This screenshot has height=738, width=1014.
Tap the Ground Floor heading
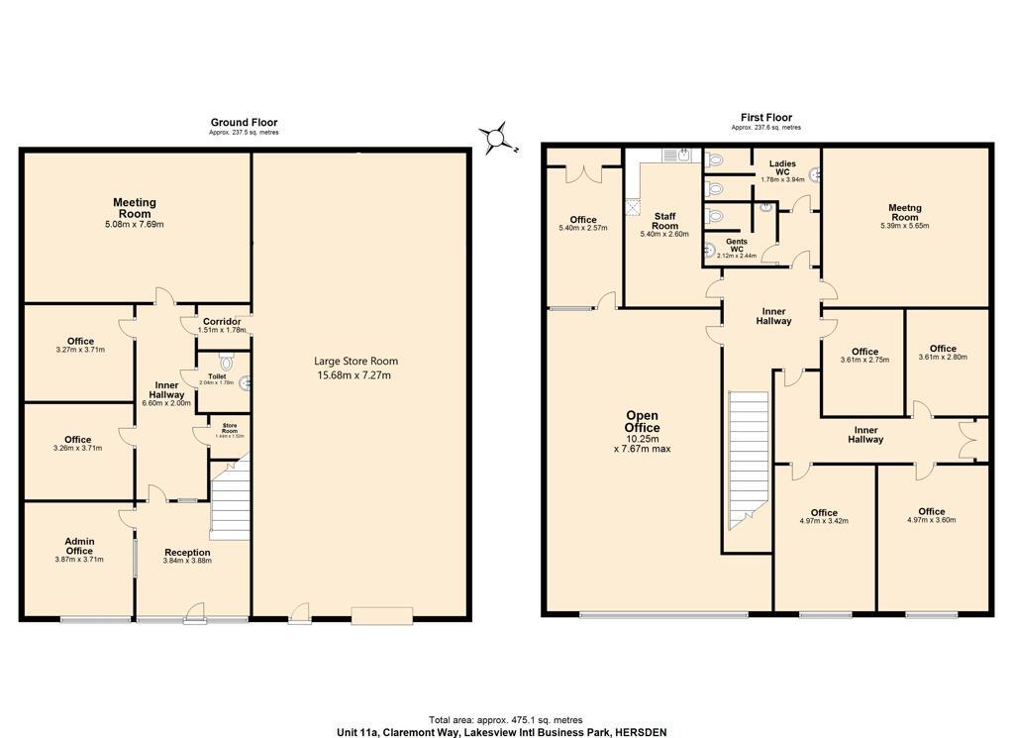pyautogui.click(x=244, y=123)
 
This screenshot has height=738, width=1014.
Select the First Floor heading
pyautogui.click(x=765, y=117)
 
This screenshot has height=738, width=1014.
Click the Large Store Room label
pyautogui.click(x=355, y=362)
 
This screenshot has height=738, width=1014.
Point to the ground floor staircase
pyautogui.click(x=230, y=505)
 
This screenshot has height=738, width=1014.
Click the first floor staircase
pyautogui.click(x=749, y=456)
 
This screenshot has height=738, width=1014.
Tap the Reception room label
pyautogui.click(x=187, y=553)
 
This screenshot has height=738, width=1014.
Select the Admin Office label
pyautogui.click(x=79, y=546)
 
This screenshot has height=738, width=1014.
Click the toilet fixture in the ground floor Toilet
pyautogui.click(x=225, y=363)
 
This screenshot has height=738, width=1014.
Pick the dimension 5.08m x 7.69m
pyautogui.click(x=135, y=225)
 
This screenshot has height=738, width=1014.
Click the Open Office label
pyautogui.click(x=642, y=421)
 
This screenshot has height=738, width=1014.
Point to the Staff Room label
pyautogui.click(x=664, y=220)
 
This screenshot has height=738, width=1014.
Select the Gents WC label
pyautogui.click(x=736, y=243)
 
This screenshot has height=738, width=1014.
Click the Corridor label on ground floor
pyautogui.click(x=221, y=322)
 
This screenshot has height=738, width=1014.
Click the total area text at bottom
pyautogui.click(x=505, y=720)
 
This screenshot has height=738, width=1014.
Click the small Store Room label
pyautogui.click(x=229, y=429)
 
